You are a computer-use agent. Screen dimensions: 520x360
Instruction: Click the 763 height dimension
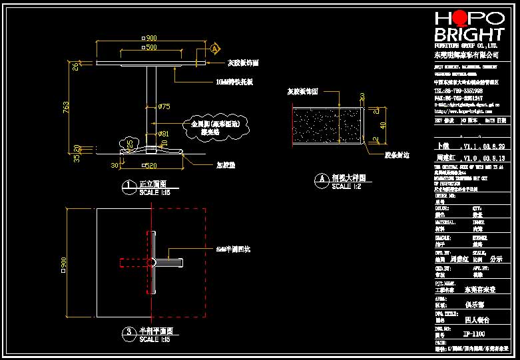point(65,108)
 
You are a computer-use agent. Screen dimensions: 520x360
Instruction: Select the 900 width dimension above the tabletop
point(150,38)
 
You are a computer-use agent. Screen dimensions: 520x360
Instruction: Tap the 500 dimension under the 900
point(150,49)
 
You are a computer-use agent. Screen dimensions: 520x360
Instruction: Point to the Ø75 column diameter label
point(165,106)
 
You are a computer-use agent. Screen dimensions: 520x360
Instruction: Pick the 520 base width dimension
point(150,166)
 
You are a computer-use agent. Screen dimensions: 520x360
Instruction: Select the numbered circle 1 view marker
point(127,188)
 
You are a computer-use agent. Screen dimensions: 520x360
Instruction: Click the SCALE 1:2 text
point(348,187)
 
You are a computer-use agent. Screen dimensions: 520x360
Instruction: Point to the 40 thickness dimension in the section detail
point(382,125)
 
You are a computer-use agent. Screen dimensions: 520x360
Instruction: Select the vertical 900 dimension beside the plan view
point(65,264)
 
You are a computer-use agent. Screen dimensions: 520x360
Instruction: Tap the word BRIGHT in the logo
point(469,35)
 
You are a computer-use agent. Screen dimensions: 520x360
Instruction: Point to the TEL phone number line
point(459,90)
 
